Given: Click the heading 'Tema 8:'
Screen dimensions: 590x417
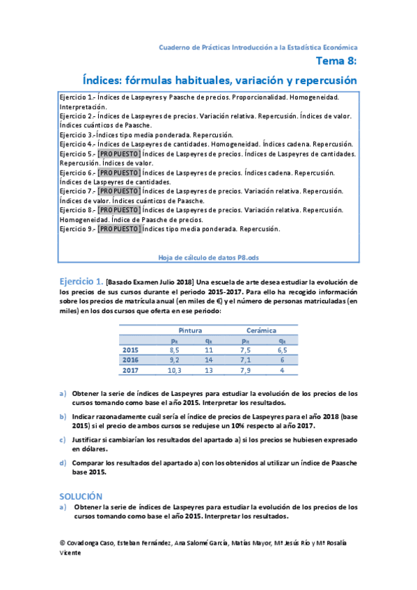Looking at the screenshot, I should pos(338,62).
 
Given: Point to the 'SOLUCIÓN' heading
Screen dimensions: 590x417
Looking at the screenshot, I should pos(81,496).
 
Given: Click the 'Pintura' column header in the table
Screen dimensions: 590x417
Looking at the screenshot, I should pos(190,330).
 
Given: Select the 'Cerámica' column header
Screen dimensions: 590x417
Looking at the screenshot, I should pos(261,330).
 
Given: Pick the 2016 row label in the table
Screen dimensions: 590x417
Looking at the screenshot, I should pos(130,360).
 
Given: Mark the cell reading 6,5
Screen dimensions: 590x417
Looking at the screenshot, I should pos(281,350).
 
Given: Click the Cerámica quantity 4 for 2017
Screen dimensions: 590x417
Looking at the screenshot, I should pos(282,371).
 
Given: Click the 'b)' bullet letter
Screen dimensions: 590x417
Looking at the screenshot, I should pos(63,416).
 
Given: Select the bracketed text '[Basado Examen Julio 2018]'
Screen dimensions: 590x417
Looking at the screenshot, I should pos(149,282).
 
